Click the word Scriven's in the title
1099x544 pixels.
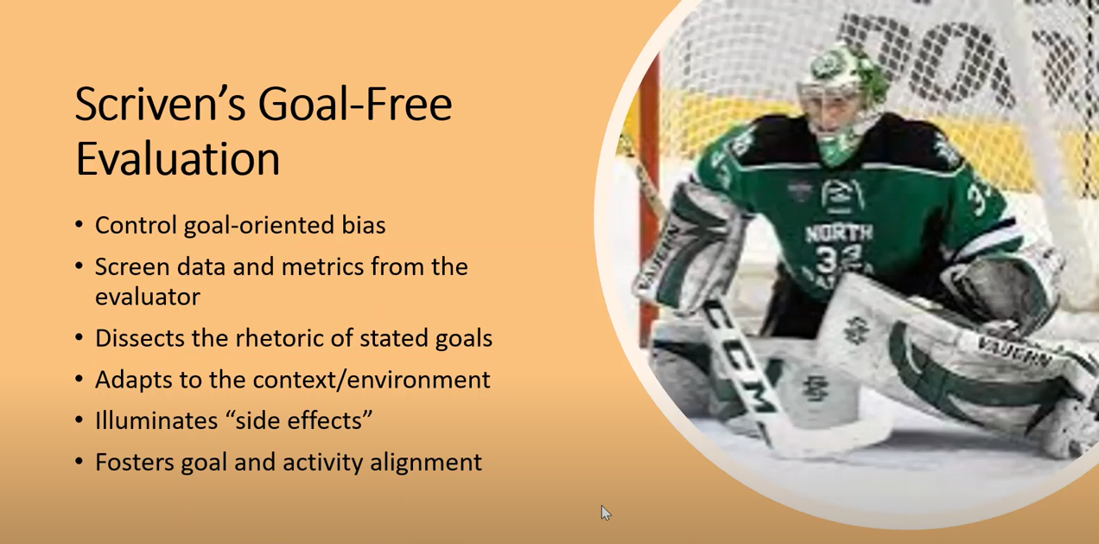click(x=161, y=104)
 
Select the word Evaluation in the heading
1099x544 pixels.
click(x=178, y=158)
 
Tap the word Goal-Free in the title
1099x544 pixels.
click(x=355, y=104)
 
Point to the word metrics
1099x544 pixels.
click(x=322, y=266)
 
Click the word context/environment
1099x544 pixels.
click(x=372, y=380)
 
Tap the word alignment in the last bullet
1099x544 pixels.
click(x=426, y=463)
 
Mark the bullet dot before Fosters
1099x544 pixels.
click(x=79, y=462)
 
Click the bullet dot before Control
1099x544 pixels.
click(x=79, y=225)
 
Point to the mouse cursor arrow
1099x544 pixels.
click(x=606, y=513)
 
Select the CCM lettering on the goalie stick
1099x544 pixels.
click(x=740, y=363)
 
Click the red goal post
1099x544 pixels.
click(x=649, y=196)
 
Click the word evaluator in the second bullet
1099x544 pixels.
click(x=148, y=297)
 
